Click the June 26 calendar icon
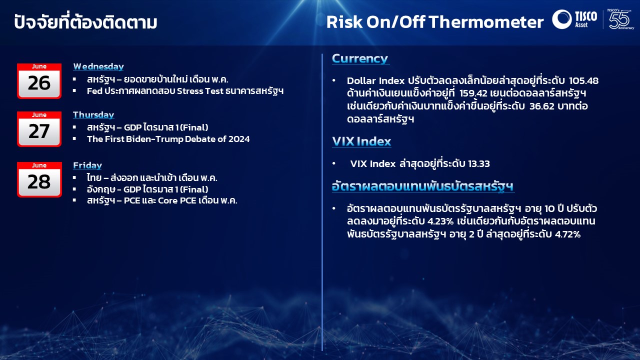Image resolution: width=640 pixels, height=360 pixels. click(x=39, y=81)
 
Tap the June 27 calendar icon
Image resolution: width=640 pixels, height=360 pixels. click(x=39, y=129)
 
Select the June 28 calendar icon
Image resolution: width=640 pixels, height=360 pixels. click(x=39, y=179)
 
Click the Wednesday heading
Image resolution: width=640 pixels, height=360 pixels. click(x=98, y=66)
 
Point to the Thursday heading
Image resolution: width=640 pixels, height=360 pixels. click(x=93, y=115)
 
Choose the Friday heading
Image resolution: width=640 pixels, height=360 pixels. click(x=87, y=165)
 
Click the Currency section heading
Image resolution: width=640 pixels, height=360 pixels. click(x=360, y=58)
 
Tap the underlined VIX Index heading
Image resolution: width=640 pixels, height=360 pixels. click(x=361, y=141)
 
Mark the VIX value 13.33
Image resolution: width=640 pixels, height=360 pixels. click(x=479, y=163)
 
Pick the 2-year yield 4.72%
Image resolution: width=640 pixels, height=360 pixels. click(x=567, y=234)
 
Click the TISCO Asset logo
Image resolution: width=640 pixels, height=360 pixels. click(x=574, y=19)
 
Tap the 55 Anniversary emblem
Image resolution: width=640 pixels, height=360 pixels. click(x=620, y=19)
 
